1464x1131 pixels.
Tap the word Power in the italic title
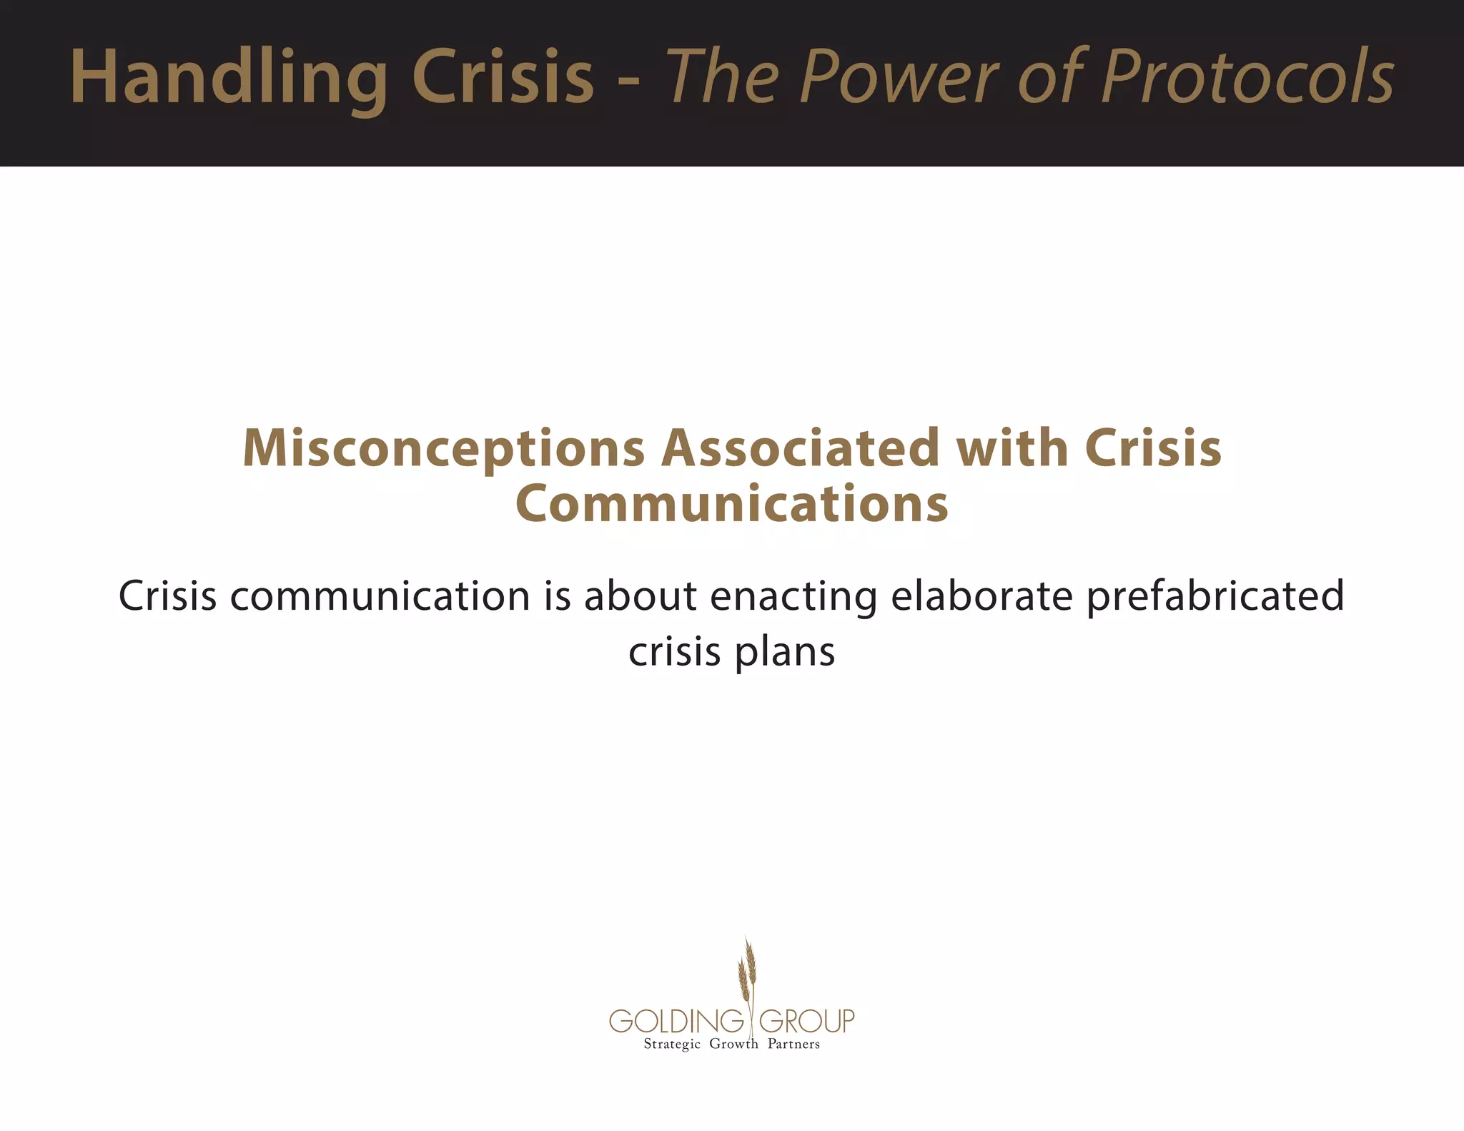(901, 77)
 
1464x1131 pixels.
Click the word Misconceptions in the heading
(444, 449)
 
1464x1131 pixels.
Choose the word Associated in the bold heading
(800, 449)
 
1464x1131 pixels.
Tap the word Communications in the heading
(732, 504)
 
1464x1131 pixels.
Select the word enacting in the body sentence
(793, 597)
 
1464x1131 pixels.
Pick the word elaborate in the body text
(982, 596)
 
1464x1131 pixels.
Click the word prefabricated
(1215, 597)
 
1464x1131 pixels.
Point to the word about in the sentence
(640, 596)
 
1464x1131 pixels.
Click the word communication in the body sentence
(380, 596)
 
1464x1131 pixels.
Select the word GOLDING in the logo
(676, 1021)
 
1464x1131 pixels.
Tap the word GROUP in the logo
(806, 1021)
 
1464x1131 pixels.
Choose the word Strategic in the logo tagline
(672, 1044)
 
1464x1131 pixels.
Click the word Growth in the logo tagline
(733, 1044)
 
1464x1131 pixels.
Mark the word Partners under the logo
(793, 1044)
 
